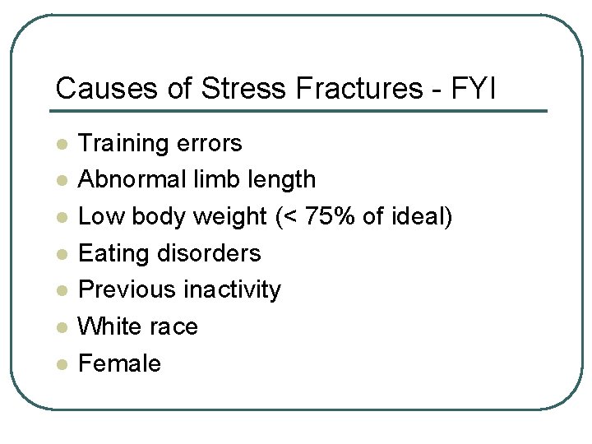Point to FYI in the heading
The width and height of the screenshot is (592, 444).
tap(474, 88)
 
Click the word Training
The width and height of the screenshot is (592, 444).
tap(123, 144)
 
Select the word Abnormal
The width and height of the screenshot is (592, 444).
tap(128, 179)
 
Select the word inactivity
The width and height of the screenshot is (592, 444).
tap(232, 289)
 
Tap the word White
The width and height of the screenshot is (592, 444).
tap(109, 326)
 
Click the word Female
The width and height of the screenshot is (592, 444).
tap(119, 363)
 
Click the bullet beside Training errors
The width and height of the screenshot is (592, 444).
tap(60, 144)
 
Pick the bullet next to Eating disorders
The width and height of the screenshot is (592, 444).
tap(60, 254)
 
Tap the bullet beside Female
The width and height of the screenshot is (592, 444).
tap(60, 364)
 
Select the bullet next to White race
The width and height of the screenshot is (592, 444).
tap(60, 327)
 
